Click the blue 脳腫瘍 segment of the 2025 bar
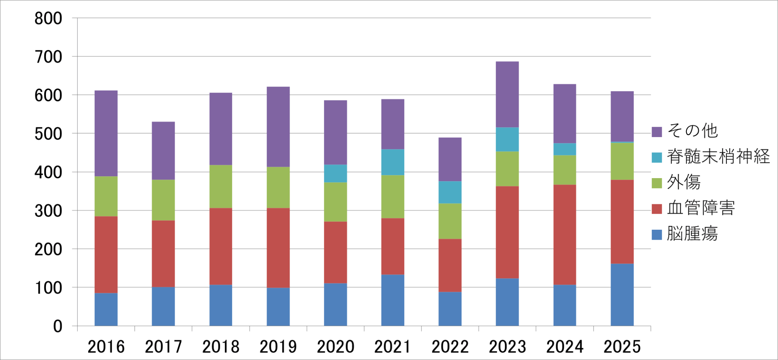[x=622, y=295]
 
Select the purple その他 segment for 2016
[x=106, y=133]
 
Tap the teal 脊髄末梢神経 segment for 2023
[x=507, y=139]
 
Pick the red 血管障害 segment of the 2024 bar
[x=565, y=235]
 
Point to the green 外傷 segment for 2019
[x=278, y=187]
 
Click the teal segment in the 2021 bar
[x=392, y=162]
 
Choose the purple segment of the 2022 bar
[x=450, y=159]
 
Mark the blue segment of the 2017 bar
[x=163, y=306]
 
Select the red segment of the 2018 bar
[x=221, y=246]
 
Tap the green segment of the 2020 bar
[x=335, y=202]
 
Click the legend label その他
[x=692, y=131]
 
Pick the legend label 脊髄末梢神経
[x=718, y=156]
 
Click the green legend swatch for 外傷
[x=657, y=183]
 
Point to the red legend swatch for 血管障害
[x=657, y=208]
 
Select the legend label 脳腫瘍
[x=692, y=234]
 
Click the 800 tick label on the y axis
[x=48, y=19]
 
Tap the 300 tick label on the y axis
[x=48, y=211]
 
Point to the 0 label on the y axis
[x=58, y=326]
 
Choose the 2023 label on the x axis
[x=507, y=347]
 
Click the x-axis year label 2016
[x=106, y=347]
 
